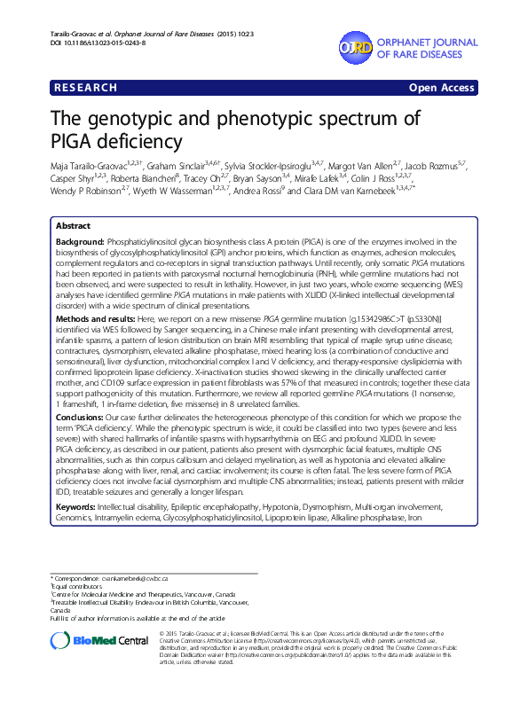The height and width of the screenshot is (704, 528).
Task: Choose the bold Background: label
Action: pos(81,242)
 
